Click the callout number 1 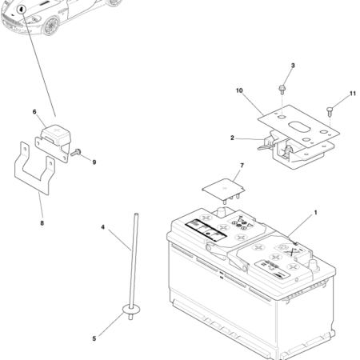(x=316, y=213)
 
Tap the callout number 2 (x=232, y=138)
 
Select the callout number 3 (x=293, y=66)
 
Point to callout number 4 (x=103, y=227)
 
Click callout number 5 (x=94, y=338)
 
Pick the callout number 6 (x=34, y=112)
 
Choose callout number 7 (x=242, y=166)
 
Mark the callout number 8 (x=42, y=223)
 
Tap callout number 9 (x=94, y=162)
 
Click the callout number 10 (x=239, y=90)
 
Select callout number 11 (x=353, y=94)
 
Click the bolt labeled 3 (x=282, y=90)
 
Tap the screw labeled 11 (x=330, y=111)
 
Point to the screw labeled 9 (x=76, y=153)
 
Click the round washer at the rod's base (x=131, y=310)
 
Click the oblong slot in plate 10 (x=299, y=127)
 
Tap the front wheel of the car (x=51, y=26)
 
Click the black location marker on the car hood (x=21, y=10)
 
